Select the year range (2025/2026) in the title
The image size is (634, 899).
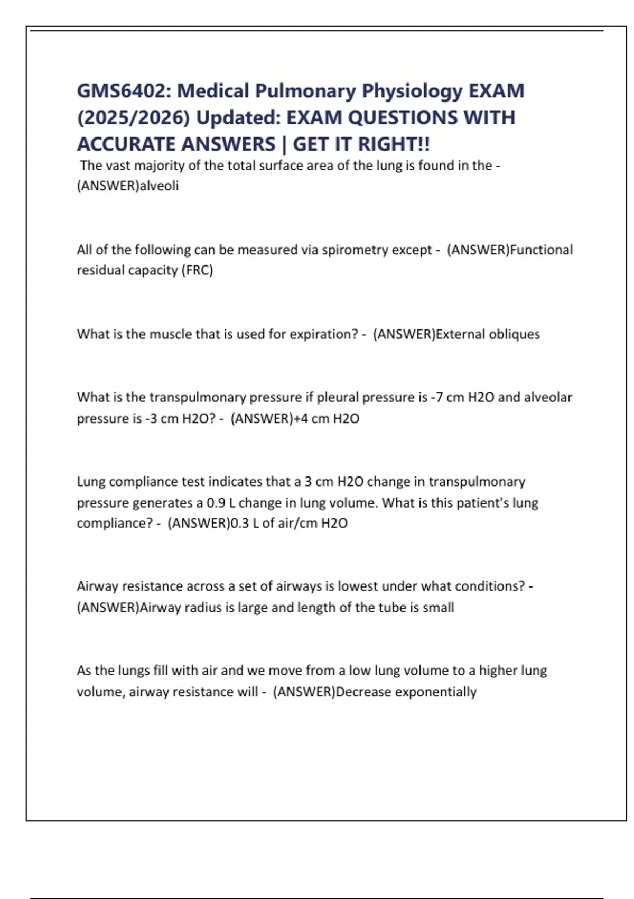tap(133, 117)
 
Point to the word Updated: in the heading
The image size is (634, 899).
tap(239, 117)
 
